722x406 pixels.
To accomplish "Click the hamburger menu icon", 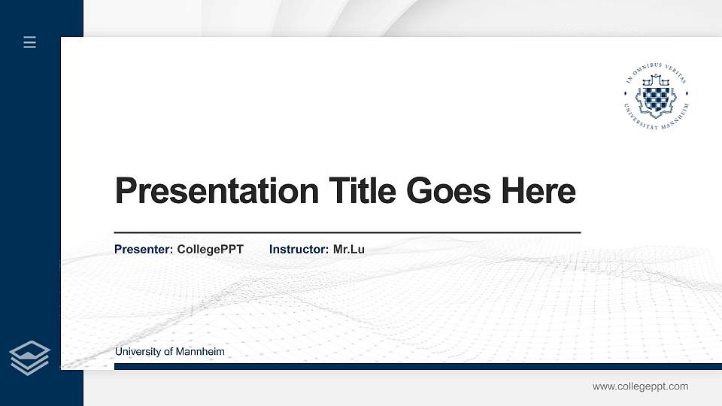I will click(29, 43).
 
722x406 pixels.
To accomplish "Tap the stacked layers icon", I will click(29, 357).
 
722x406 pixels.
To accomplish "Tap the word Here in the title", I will click(538, 191).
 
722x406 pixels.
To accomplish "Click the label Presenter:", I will click(144, 249).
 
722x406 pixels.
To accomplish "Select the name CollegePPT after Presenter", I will click(211, 249).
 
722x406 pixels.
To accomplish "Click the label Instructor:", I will click(299, 249).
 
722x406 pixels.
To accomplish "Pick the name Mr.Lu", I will click(349, 249).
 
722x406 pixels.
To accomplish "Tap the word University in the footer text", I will click(138, 352).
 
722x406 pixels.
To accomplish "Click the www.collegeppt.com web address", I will click(640, 386).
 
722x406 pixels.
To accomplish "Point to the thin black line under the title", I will click(347, 233).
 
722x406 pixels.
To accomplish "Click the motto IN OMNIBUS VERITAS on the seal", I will click(656, 72).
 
